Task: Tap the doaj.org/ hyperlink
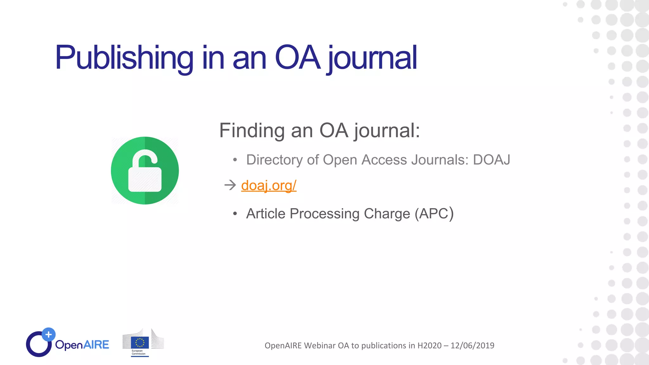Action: (269, 185)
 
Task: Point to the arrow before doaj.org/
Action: (230, 185)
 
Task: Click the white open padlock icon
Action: (145, 171)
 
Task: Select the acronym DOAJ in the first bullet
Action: (492, 160)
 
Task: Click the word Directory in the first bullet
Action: (274, 160)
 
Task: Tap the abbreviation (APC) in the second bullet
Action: (434, 214)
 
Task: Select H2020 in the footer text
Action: (429, 345)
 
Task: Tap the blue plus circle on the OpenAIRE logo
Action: (48, 335)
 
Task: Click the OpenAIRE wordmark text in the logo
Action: (82, 345)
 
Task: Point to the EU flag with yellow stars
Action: (140, 343)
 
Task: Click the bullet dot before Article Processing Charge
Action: (235, 214)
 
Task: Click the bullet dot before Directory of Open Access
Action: (235, 160)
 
